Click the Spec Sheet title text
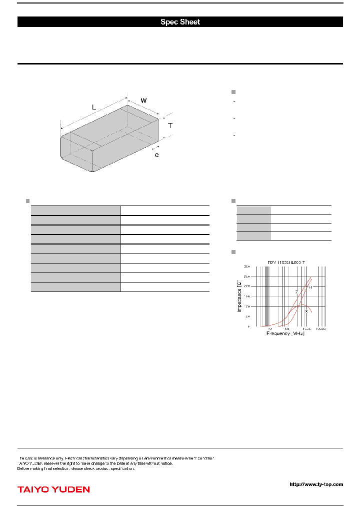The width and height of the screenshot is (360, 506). (180, 22)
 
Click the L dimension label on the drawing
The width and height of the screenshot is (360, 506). (93, 107)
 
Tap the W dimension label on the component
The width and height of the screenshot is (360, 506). (143, 100)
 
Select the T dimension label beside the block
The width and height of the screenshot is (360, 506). (170, 125)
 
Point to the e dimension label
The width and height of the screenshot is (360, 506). (156, 155)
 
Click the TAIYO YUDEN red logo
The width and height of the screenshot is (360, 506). (53, 489)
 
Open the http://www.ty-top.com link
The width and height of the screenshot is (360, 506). (316, 484)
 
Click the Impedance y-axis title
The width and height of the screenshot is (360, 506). (239, 296)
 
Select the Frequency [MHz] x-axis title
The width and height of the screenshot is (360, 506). (285, 333)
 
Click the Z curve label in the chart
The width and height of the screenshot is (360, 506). (296, 292)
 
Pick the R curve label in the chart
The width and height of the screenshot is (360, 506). (310, 287)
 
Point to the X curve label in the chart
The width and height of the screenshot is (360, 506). (306, 311)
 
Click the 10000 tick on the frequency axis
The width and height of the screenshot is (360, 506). (320, 329)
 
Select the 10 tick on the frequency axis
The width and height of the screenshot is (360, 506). (269, 329)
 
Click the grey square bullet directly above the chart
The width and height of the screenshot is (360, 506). (233, 251)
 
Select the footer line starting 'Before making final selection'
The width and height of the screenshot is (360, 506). (76, 468)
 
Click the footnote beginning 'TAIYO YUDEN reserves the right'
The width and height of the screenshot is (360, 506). (95, 463)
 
